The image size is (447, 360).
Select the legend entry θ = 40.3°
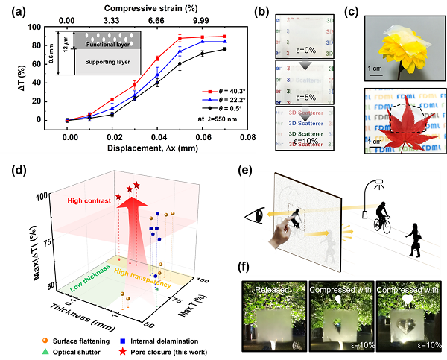click(x=225, y=90)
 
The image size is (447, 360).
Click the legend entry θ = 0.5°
click(x=225, y=109)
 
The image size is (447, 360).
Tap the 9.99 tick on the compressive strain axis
click(x=201, y=21)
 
